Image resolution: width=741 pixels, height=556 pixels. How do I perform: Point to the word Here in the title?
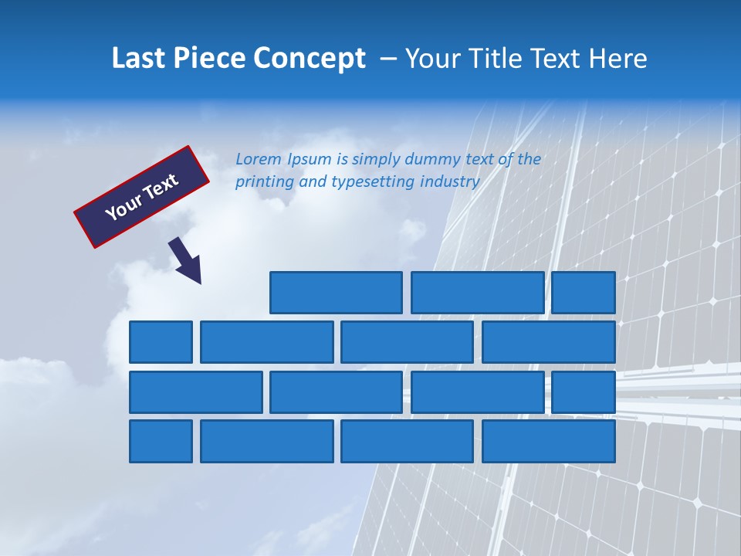(617, 59)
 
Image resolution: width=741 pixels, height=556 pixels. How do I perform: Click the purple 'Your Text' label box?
(142, 197)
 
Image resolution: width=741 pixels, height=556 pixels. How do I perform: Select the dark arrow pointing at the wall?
(186, 260)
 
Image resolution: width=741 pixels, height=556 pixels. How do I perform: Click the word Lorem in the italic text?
(259, 159)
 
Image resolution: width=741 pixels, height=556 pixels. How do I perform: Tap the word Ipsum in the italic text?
(310, 160)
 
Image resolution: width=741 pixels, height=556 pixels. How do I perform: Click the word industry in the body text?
(450, 182)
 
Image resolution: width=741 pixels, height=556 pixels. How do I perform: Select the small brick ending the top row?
(584, 293)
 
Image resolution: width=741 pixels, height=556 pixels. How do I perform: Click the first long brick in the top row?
(336, 293)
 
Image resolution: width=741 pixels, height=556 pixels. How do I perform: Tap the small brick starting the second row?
(161, 342)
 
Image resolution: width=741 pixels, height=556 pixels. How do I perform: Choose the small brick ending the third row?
(584, 392)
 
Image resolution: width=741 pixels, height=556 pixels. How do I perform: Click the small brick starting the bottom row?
(161, 442)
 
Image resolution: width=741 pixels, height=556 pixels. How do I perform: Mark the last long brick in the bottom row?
(549, 442)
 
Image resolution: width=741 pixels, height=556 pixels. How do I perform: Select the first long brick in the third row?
(196, 392)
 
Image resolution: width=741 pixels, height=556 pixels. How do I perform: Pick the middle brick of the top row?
(478, 293)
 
